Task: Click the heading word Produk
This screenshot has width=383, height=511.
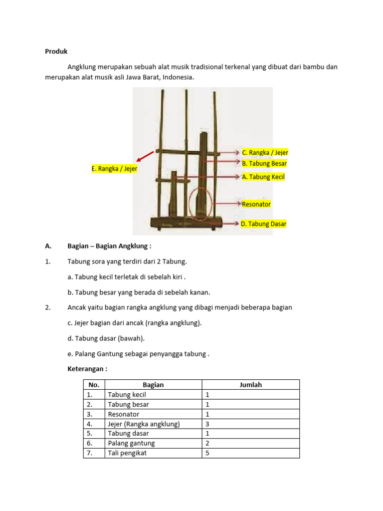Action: [56, 51]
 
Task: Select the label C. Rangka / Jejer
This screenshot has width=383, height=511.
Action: [265, 153]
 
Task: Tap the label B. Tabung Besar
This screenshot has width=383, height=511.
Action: [264, 163]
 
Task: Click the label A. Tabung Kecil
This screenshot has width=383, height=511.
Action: [263, 177]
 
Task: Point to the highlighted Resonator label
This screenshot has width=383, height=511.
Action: [256, 204]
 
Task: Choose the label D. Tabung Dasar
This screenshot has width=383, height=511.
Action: [263, 224]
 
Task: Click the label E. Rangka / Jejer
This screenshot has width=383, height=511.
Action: [114, 169]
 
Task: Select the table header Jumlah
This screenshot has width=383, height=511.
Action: [250, 385]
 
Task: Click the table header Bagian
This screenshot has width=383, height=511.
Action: [153, 385]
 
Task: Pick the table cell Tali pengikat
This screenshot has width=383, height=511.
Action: [127, 453]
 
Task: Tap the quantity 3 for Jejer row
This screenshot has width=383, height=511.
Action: [207, 424]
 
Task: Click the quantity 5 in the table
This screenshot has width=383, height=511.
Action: [207, 453]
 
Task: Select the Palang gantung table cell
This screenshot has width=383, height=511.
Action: [131, 443]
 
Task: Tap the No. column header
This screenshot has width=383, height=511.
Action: [94, 385]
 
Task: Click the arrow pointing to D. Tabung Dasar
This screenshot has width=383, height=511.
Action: [229, 224]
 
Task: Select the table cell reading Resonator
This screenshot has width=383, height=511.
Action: [123, 414]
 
